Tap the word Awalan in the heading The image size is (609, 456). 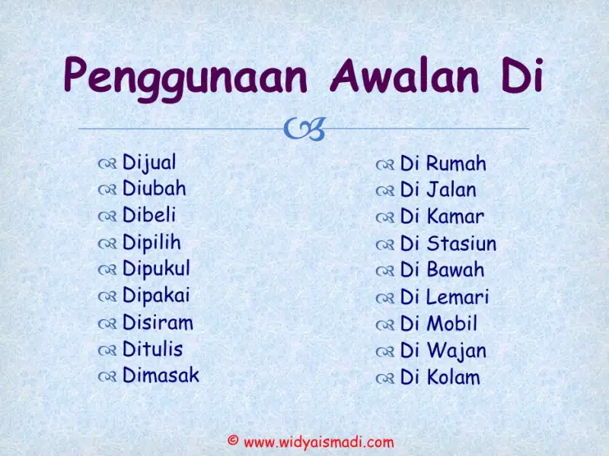pos(404,75)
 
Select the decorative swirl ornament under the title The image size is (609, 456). pos(304,128)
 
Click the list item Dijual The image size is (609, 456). pos(149,163)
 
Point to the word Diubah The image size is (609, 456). pos(155,188)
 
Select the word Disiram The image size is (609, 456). pos(158,323)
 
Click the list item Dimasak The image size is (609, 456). pos(161,375)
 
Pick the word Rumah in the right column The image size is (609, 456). pos(456,163)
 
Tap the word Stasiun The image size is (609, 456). pos(462,244)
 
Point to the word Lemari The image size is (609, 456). pos(458,297)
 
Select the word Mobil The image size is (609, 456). pos(451,324)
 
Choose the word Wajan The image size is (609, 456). pos(456,351)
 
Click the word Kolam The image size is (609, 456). pos(453,377)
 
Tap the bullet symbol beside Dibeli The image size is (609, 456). pos(107,217)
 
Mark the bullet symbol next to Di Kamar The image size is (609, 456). pos(385,218)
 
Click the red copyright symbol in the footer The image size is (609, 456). pos(233,440)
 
